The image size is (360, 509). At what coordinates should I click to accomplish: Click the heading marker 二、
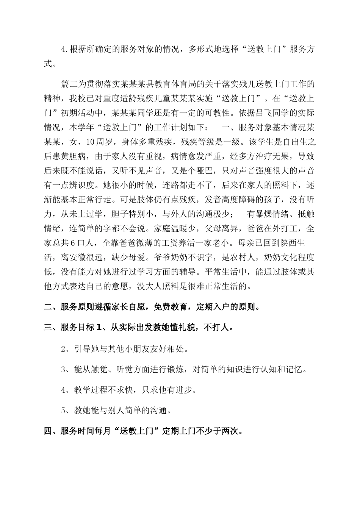pos(50,307)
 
